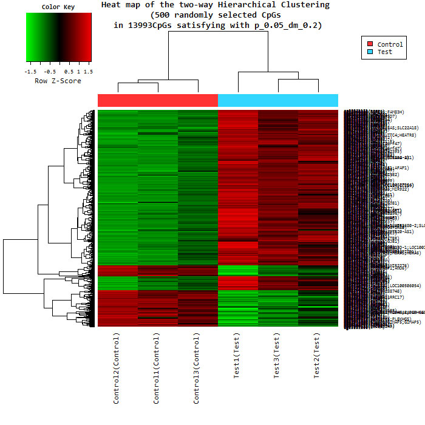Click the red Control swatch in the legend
tap(370, 44)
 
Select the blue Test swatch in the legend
tap(370, 52)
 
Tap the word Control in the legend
tap(390, 44)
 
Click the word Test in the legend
tap(385, 52)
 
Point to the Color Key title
tap(58, 7)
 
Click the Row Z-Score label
tap(58, 81)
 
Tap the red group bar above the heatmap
tap(157, 100)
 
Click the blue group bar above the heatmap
tap(277, 100)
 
